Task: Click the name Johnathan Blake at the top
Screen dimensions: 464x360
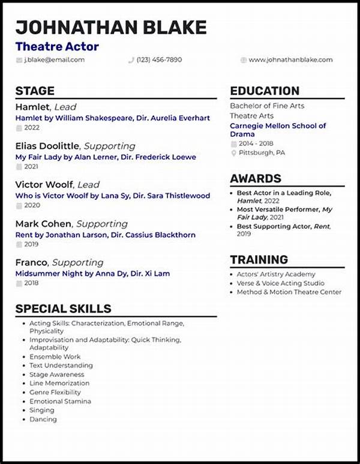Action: click(111, 27)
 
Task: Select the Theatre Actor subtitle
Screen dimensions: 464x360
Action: click(57, 46)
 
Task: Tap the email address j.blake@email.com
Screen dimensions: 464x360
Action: click(54, 60)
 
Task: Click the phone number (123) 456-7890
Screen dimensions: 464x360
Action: click(159, 60)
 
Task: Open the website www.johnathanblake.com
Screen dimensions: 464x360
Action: click(290, 60)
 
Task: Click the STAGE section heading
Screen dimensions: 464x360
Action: click(35, 91)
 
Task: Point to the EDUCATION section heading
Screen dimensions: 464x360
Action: click(265, 91)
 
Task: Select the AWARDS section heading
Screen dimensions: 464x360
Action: click(256, 179)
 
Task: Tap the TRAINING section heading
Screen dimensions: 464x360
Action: click(259, 260)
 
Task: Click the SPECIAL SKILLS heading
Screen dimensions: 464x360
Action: click(63, 309)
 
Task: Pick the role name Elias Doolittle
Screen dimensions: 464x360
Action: click(47, 146)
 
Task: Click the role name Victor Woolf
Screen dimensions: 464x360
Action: click(44, 185)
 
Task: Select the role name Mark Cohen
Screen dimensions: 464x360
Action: click(43, 224)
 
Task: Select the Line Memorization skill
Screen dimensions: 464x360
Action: click(59, 383)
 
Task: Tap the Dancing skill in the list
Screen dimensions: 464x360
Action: click(43, 419)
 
